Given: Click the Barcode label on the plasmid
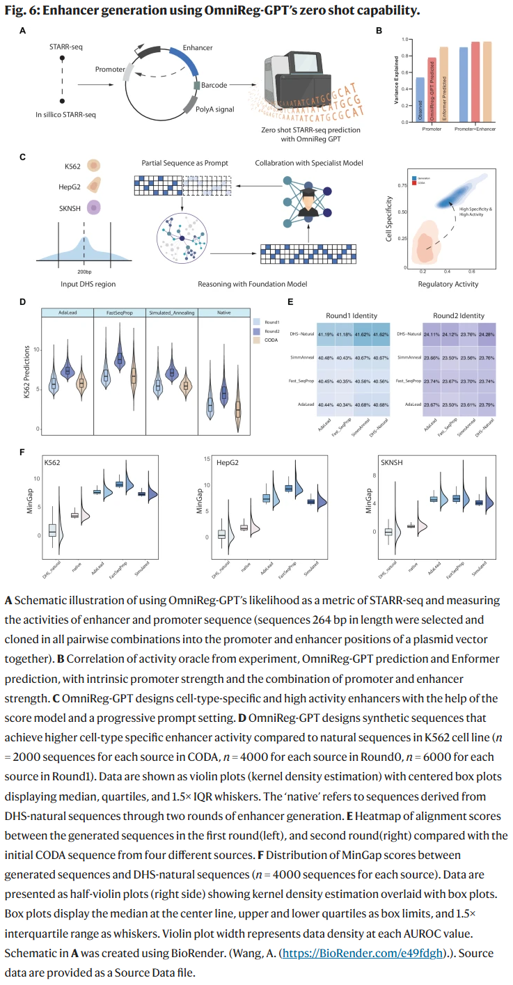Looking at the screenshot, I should pos(214,86).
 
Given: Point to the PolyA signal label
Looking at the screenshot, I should pos(216,109).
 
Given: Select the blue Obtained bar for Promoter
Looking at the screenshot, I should pos(420,100).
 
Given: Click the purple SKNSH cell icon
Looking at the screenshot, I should pos(93,207).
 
